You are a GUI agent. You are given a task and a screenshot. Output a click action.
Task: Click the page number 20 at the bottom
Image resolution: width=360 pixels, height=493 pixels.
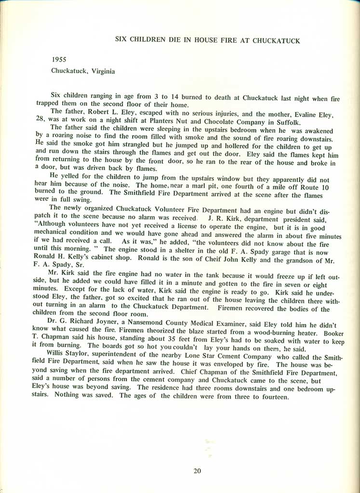click(197, 471)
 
